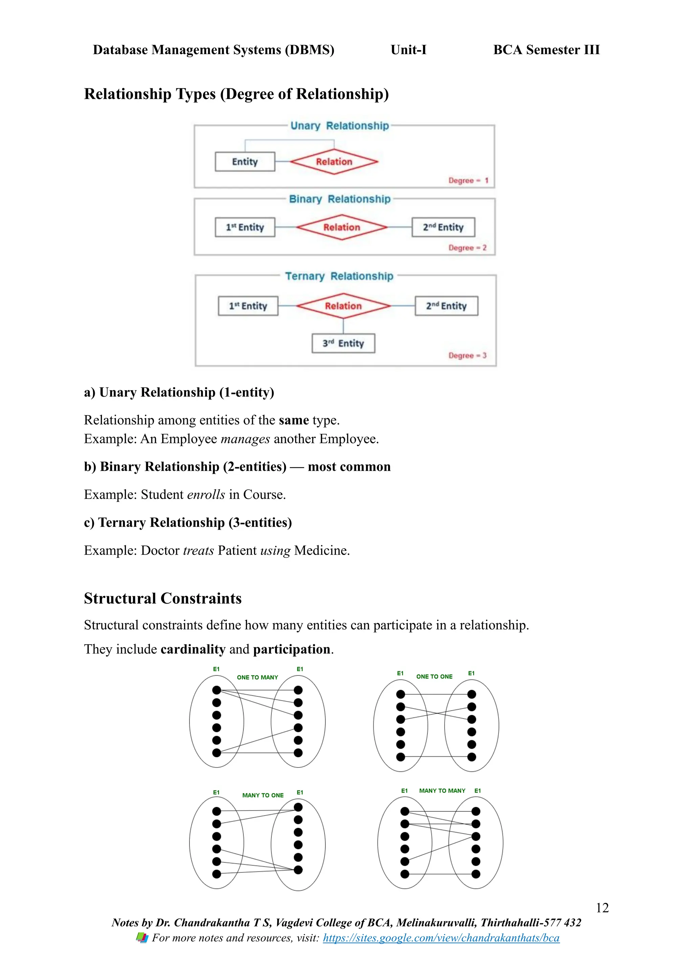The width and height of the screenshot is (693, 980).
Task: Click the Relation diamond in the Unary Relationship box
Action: tap(334, 162)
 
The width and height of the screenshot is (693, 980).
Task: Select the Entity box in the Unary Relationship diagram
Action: tap(245, 162)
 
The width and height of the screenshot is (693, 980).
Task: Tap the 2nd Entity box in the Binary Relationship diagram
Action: tap(443, 227)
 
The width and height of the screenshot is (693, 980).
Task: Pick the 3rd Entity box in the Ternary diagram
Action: tap(343, 343)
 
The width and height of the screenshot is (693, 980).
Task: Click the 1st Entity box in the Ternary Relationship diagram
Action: tap(248, 306)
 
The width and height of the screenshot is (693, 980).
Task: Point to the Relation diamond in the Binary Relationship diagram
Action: tap(341, 227)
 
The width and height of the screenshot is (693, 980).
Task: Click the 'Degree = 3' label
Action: tap(467, 356)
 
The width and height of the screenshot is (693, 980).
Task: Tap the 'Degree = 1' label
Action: tap(468, 181)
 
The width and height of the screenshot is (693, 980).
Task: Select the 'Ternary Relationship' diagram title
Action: tap(339, 276)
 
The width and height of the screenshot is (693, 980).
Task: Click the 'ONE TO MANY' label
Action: tap(257, 677)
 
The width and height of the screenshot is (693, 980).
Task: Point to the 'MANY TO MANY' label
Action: tap(442, 790)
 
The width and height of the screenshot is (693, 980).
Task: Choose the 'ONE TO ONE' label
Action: tap(434, 676)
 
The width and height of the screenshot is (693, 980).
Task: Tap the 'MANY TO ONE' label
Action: tap(263, 795)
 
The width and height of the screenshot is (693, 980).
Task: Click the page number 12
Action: tap(602, 908)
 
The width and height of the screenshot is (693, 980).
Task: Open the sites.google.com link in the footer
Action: tap(441, 938)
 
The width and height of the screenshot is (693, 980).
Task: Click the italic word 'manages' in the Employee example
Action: tap(245, 439)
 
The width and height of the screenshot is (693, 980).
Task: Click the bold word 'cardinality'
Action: tap(193, 649)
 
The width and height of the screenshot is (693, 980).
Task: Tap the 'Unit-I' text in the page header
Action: tap(408, 50)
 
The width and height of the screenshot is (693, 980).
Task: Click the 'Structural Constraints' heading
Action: tap(162, 598)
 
